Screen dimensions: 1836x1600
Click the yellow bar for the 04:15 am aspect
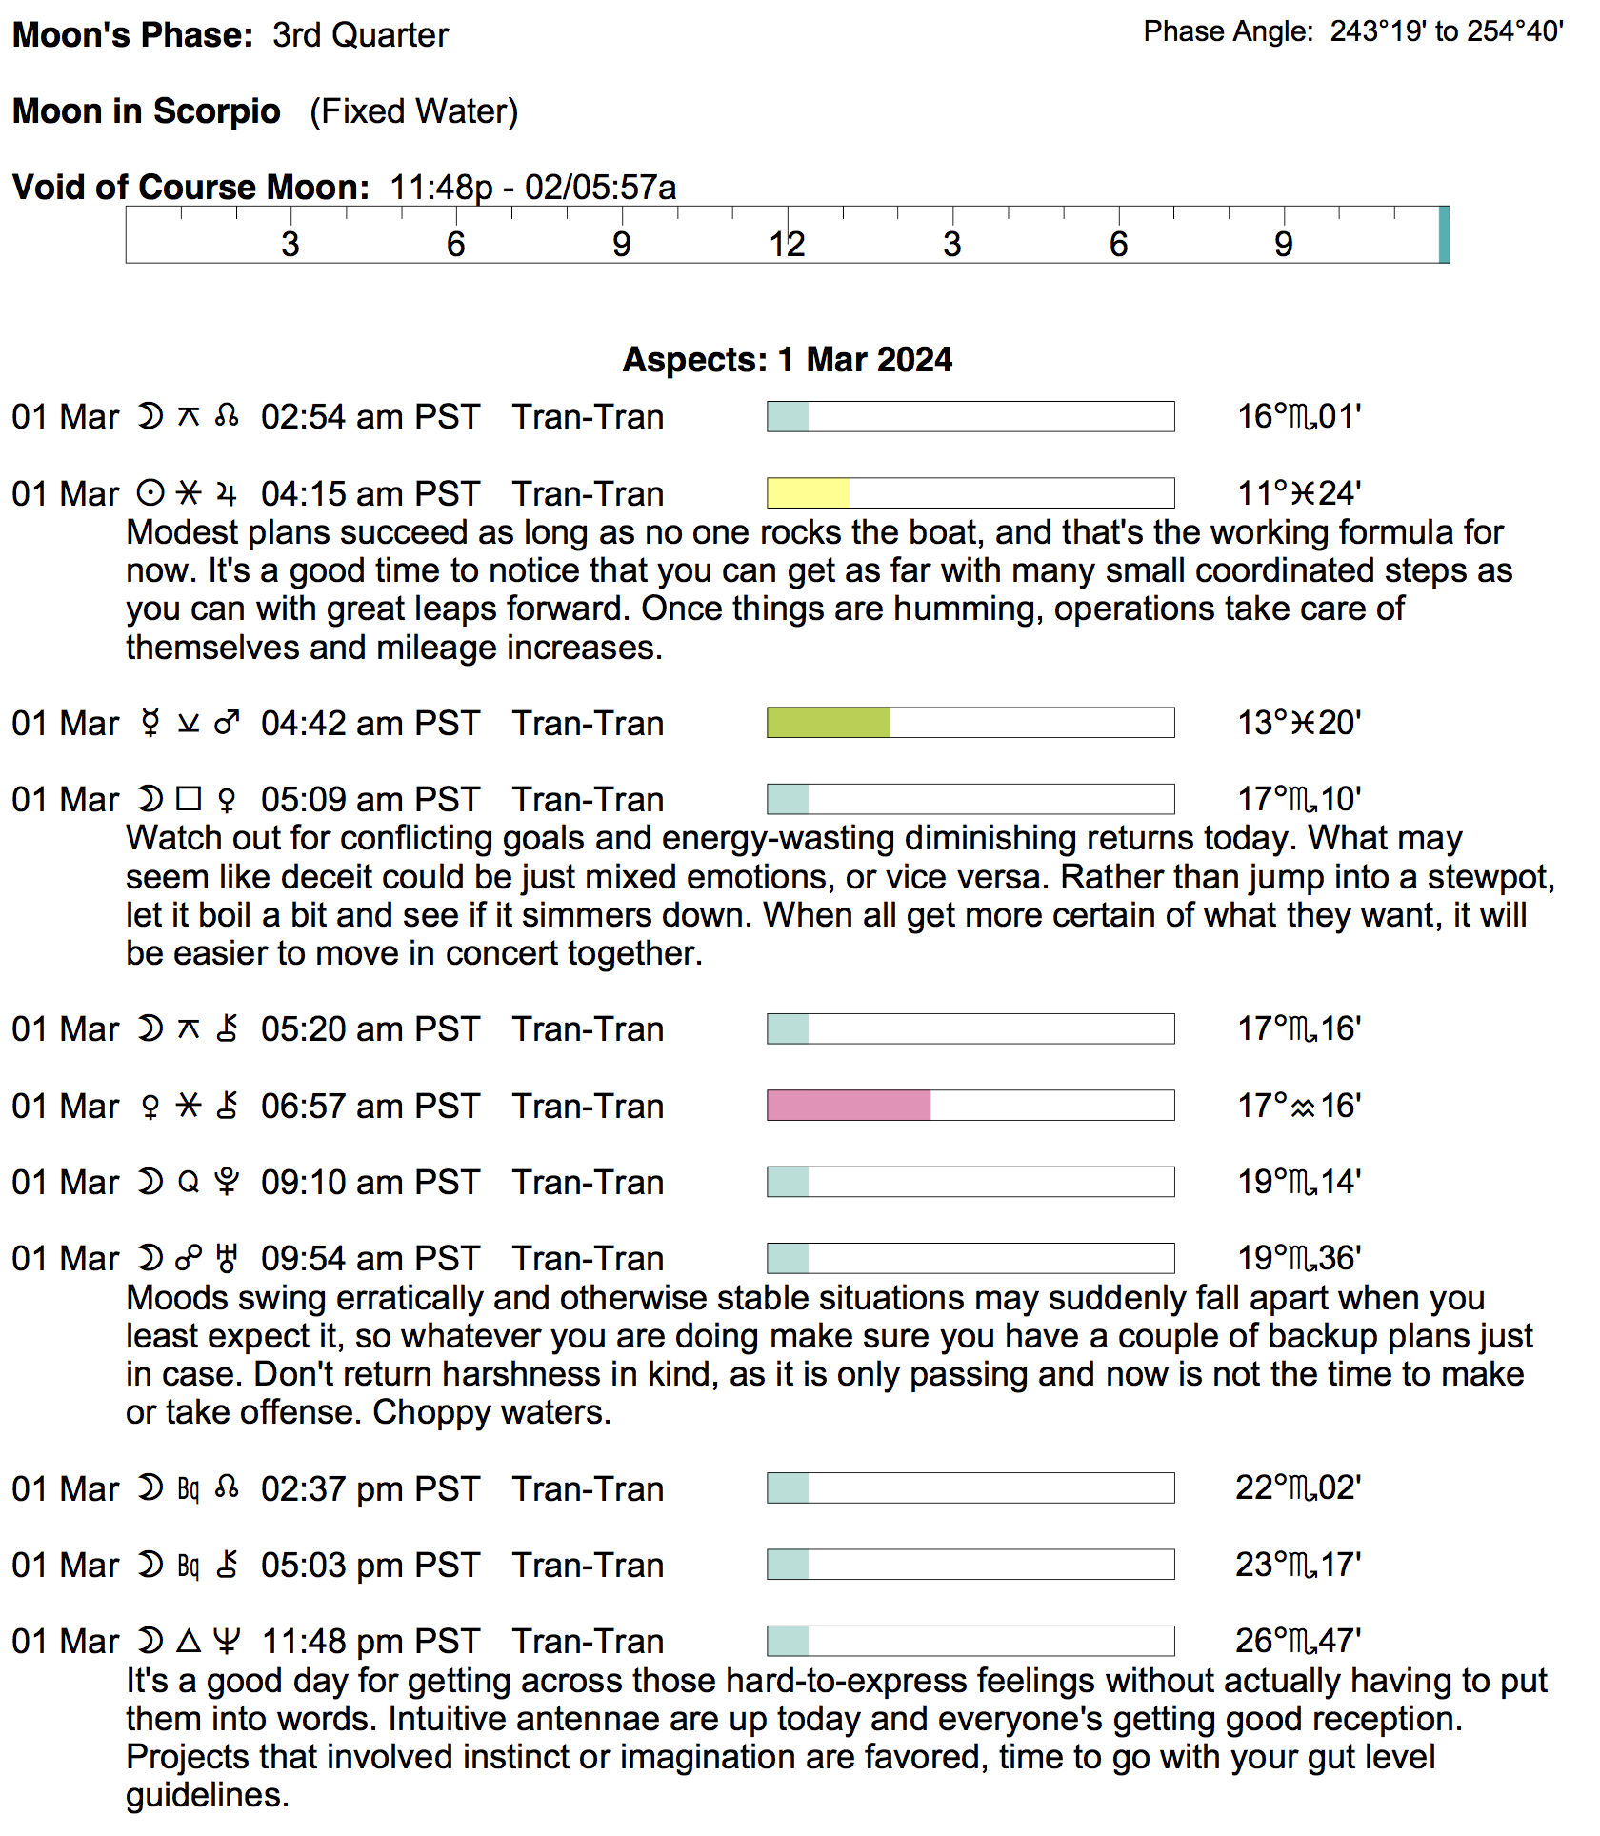tap(808, 493)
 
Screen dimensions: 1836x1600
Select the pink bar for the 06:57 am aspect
tap(849, 1106)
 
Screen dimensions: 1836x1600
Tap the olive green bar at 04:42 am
tap(829, 723)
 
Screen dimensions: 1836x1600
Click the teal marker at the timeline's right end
tap(1444, 234)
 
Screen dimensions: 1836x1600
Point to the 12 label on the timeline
tap(788, 245)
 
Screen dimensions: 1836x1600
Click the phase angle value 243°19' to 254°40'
tap(1447, 31)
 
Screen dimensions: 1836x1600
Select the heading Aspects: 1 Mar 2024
tap(788, 360)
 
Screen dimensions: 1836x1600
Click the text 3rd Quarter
tap(360, 35)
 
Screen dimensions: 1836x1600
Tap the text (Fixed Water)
tap(414, 111)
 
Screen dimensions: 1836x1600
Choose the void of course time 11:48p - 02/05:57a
tap(533, 188)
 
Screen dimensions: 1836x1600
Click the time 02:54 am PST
tap(370, 417)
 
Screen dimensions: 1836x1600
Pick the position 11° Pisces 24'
tap(1299, 493)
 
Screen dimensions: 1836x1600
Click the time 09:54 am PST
tap(370, 1259)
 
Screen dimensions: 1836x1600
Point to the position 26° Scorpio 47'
tap(1299, 1641)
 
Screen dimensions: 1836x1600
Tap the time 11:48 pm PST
tap(370, 1642)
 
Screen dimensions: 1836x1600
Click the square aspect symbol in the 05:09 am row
tap(190, 799)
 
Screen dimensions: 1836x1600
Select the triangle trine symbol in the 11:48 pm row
tap(190, 1641)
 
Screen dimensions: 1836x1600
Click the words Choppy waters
tap(491, 1412)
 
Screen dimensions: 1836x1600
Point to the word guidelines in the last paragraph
tap(207, 1795)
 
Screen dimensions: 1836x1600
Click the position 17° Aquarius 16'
tap(1299, 1106)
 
